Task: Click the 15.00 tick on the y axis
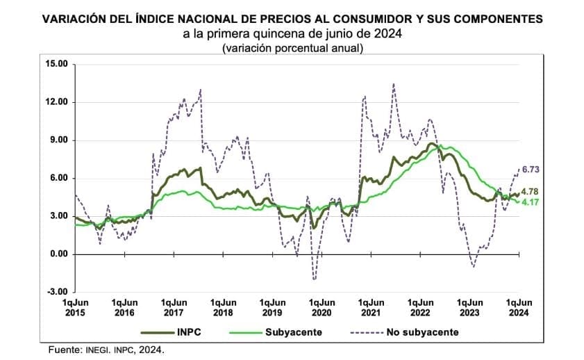coord(55,64)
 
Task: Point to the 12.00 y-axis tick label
coord(55,102)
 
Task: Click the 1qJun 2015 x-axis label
coord(74,307)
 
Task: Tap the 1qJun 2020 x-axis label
coord(322,307)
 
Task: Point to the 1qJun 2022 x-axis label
coord(420,307)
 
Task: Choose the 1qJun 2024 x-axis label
coord(519,307)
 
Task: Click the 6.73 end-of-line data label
coord(531,170)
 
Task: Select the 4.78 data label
coord(531,191)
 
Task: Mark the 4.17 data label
coord(531,202)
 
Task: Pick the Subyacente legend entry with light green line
coord(293,332)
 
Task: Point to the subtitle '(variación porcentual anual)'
coord(292,48)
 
